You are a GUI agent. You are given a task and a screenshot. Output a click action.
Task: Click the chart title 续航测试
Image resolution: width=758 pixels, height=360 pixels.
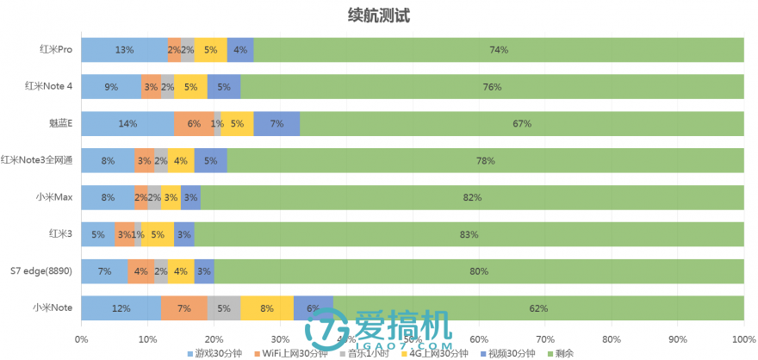(379, 16)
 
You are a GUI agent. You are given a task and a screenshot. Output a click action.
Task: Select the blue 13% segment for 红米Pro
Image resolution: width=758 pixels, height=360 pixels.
(124, 50)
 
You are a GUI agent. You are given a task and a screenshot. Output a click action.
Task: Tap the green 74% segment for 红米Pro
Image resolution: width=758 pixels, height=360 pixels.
(499, 50)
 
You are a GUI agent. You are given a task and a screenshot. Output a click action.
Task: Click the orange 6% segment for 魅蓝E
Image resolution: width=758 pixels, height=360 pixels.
(194, 124)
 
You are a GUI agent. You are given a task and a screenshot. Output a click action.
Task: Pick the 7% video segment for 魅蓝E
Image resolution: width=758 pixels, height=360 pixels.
(276, 124)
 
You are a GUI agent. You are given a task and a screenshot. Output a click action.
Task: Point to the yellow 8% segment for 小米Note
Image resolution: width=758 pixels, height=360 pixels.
(267, 307)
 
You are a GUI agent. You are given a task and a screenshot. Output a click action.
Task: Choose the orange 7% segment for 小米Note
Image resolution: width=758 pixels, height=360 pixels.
(183, 307)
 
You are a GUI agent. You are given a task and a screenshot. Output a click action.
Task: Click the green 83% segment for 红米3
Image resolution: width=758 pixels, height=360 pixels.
(469, 234)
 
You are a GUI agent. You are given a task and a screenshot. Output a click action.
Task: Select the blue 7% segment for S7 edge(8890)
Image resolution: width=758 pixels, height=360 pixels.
(104, 271)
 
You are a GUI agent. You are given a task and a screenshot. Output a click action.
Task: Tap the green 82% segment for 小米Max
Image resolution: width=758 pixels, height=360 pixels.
(472, 197)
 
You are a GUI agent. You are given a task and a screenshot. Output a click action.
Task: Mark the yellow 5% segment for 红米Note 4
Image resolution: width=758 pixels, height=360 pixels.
(190, 87)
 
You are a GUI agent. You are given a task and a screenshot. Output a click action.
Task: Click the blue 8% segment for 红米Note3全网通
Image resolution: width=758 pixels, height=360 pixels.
(108, 160)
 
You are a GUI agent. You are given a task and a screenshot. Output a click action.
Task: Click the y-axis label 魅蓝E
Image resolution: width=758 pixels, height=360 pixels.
(60, 124)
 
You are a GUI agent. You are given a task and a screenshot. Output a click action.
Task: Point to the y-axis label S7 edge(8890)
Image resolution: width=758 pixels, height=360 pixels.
(40, 271)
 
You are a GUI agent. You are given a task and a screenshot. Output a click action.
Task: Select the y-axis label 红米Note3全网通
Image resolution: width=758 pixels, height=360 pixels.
(36, 160)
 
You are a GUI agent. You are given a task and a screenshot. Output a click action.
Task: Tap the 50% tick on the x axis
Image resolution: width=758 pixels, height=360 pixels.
(413, 338)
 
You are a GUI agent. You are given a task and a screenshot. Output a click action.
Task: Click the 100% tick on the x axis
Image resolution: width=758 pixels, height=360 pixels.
(743, 338)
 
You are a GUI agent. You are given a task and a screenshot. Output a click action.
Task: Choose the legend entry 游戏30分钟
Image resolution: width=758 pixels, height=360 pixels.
(215, 353)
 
